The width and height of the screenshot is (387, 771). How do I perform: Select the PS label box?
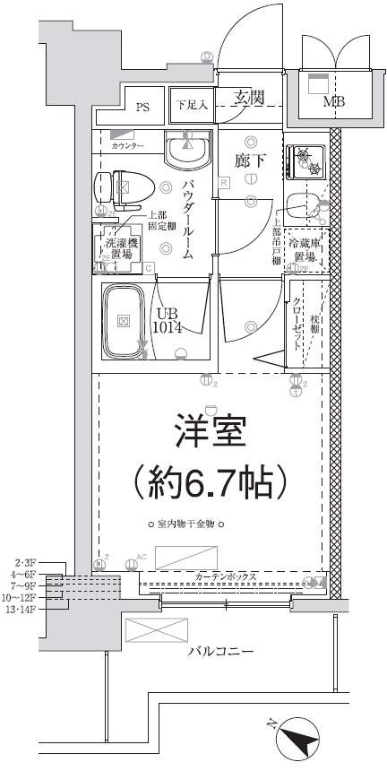[142, 107]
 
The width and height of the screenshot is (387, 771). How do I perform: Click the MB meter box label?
[333, 100]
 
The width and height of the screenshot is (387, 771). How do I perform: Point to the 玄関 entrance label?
[247, 98]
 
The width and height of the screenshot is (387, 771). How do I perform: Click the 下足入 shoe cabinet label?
[191, 105]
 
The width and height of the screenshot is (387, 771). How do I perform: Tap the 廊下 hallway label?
[250, 160]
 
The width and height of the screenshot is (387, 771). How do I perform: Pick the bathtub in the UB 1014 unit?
[124, 320]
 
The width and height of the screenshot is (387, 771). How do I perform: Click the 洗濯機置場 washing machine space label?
[117, 248]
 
